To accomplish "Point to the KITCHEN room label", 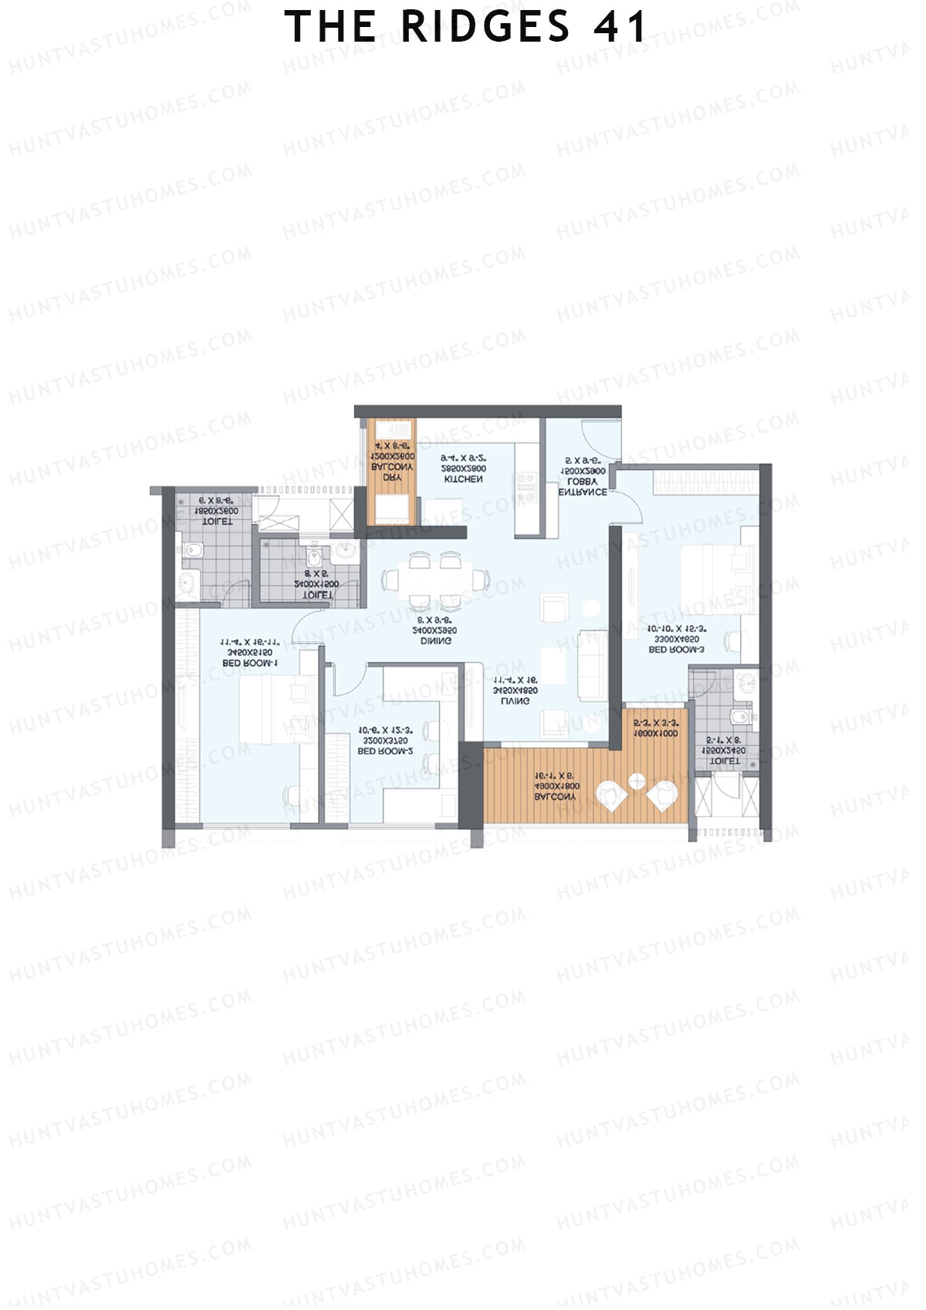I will pyautogui.click(x=464, y=479).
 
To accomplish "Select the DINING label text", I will pyautogui.click(x=436, y=641).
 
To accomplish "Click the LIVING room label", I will pyautogui.click(x=515, y=702).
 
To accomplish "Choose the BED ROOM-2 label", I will pyautogui.click(x=386, y=750).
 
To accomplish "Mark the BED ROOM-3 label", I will pyautogui.click(x=676, y=650).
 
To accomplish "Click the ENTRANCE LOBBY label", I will pyautogui.click(x=583, y=486).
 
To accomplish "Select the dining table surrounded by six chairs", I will pyautogui.click(x=437, y=579).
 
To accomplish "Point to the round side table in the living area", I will pyautogui.click(x=592, y=608).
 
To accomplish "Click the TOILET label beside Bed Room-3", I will pyautogui.click(x=724, y=760).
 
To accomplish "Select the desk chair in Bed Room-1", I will pyautogui.click(x=292, y=795).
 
